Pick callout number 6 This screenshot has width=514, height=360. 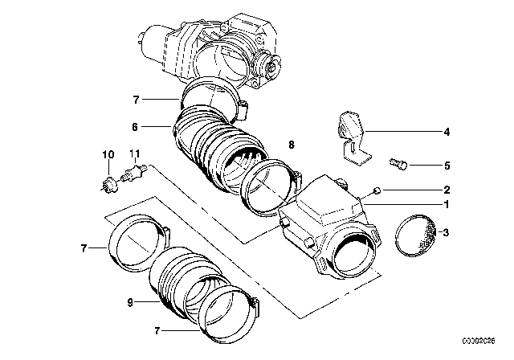(x=135, y=127)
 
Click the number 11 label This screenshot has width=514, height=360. (x=135, y=154)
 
